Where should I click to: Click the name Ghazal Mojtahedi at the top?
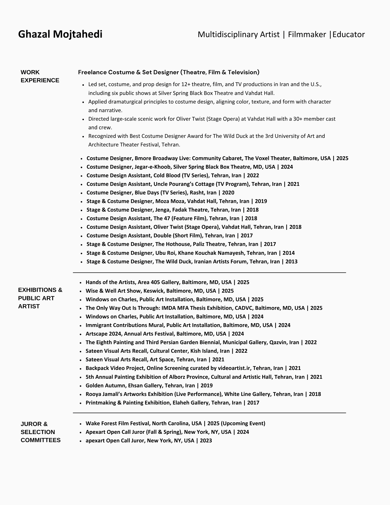(60, 34)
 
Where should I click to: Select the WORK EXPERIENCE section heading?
(40, 76)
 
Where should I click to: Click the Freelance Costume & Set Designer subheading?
(169, 72)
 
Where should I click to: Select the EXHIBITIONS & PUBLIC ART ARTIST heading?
(40, 298)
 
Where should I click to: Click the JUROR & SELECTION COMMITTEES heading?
(40, 432)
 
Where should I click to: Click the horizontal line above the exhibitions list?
(209, 273)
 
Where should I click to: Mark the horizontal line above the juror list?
(209, 413)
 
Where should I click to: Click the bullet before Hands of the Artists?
(80, 283)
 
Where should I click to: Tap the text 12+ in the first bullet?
(186, 84)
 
